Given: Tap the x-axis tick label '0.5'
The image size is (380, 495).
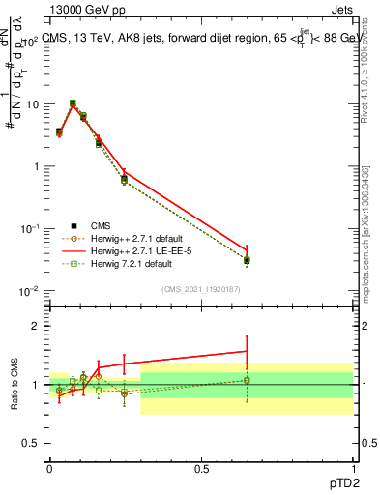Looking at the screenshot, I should (x=201, y=468).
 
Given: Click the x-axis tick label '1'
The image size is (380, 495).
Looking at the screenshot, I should (x=352, y=468).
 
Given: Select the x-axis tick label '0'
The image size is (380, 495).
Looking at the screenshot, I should (x=49, y=468).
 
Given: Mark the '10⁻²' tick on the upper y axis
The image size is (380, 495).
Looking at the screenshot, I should (x=31, y=291).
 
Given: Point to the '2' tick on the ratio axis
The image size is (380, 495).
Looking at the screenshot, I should (x=38, y=326).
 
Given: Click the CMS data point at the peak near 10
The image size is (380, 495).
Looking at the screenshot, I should (x=73, y=103).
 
